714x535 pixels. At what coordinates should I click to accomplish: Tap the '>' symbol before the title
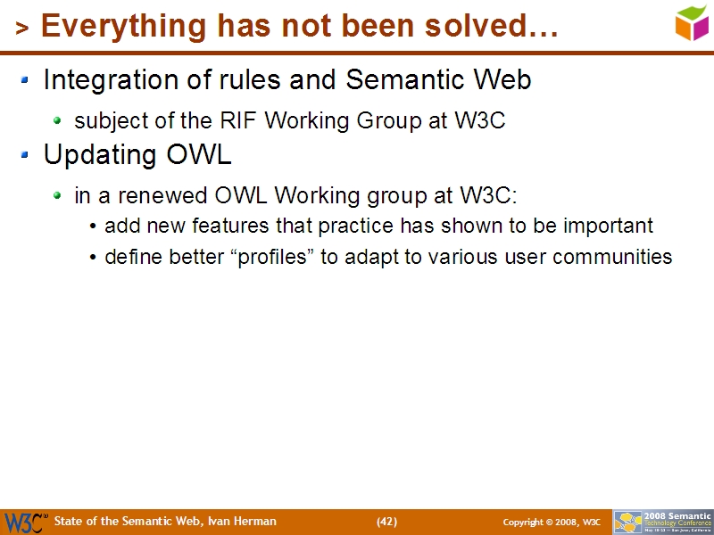(x=22, y=29)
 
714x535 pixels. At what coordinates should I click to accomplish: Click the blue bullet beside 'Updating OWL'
(x=26, y=156)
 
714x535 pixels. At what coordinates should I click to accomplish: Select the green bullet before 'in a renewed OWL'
(x=58, y=195)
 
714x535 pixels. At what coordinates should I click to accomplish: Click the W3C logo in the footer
(x=25, y=522)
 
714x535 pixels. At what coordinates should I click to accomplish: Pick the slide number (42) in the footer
(x=386, y=522)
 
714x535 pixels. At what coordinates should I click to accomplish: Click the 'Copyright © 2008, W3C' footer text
(x=551, y=522)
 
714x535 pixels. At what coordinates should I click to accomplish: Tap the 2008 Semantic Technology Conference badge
(x=662, y=522)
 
